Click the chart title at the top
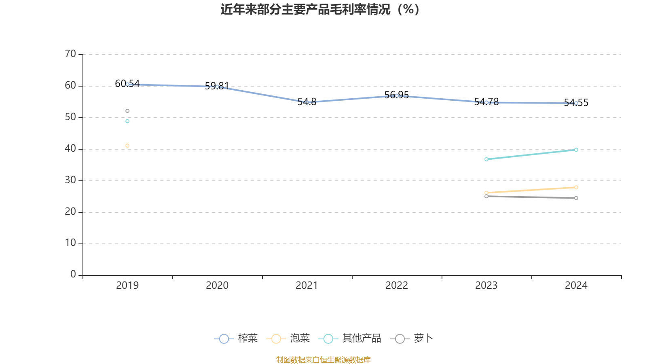pyautogui.click(x=320, y=10)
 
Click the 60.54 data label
pyautogui.click(x=127, y=84)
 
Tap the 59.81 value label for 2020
pyautogui.click(x=217, y=86)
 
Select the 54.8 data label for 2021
pyautogui.click(x=307, y=102)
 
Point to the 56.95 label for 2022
pyautogui.click(x=396, y=95)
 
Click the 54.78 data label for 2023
pyautogui.click(x=486, y=102)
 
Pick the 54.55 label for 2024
pyautogui.click(x=576, y=103)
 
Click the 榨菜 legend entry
pyautogui.click(x=236, y=339)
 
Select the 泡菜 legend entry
pyautogui.click(x=288, y=339)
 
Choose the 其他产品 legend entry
pyautogui.click(x=350, y=339)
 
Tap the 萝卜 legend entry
pyautogui.click(x=412, y=339)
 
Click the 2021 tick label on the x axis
pyautogui.click(x=307, y=286)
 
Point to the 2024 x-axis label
pyautogui.click(x=576, y=286)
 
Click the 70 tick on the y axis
pyautogui.click(x=70, y=54)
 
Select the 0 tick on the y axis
pyautogui.click(x=73, y=275)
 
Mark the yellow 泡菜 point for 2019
pyautogui.click(x=127, y=146)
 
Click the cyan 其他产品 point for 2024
pyautogui.click(x=576, y=150)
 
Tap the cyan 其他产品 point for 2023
pyautogui.click(x=486, y=159)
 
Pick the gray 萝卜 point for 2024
pyautogui.click(x=576, y=198)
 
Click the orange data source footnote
pyautogui.click(x=323, y=360)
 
